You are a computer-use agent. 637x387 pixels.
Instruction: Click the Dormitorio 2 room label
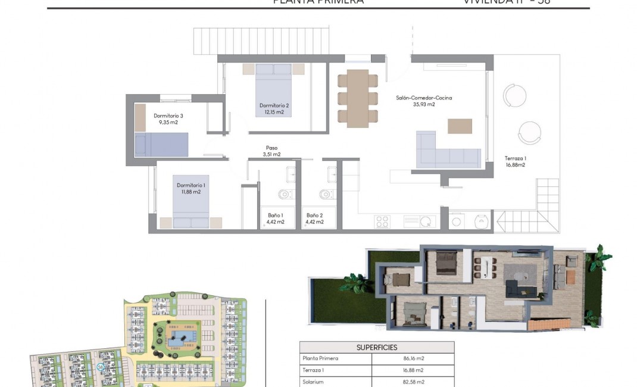pyautogui.click(x=274, y=109)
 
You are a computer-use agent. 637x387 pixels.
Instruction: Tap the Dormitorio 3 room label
pyautogui.click(x=168, y=118)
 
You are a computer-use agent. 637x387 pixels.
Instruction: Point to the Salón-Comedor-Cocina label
pyautogui.click(x=423, y=101)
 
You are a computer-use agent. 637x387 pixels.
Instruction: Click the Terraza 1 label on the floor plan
pyautogui.click(x=515, y=161)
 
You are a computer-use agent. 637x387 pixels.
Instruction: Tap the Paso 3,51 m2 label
pyautogui.click(x=271, y=151)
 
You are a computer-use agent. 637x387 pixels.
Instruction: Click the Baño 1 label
pyautogui.click(x=274, y=219)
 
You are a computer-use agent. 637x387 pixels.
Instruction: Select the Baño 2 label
pyautogui.click(x=315, y=219)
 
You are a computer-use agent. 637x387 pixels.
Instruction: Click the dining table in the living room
pyautogui.click(x=357, y=98)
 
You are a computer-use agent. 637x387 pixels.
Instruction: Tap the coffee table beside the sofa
pyautogui.click(x=460, y=126)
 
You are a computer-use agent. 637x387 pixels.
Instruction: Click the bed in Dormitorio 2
pyautogui.click(x=274, y=89)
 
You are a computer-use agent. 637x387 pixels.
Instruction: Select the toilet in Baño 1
pyautogui.click(x=285, y=193)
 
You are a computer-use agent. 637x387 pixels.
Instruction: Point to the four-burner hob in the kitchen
pyautogui.click(x=382, y=221)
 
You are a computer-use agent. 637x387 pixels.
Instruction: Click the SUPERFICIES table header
pyautogui.click(x=376, y=347)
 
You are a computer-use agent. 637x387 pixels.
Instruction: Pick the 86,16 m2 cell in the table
pyautogui.click(x=412, y=358)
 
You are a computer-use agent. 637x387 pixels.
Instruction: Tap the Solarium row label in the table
pyautogui.click(x=313, y=382)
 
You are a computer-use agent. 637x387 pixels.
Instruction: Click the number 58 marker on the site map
pyautogui.click(x=101, y=367)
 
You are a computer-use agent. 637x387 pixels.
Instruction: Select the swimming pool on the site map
pyautogui.click(x=177, y=339)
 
